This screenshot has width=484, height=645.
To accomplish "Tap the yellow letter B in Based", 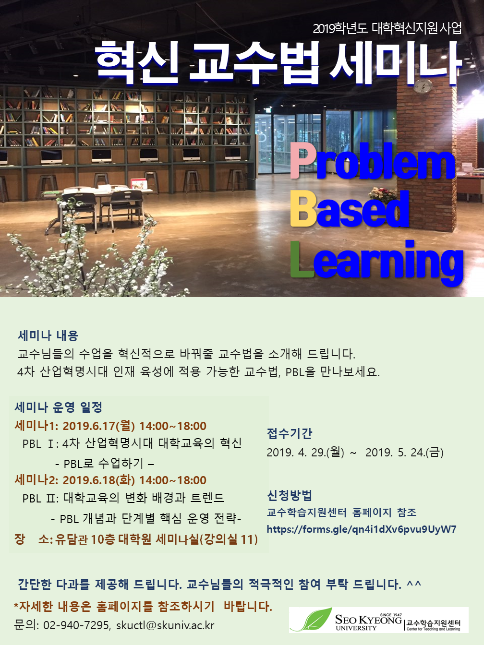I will click(x=303, y=209).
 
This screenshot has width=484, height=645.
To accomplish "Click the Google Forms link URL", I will click(x=361, y=529).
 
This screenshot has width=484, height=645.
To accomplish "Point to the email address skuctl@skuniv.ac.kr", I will click(x=165, y=625).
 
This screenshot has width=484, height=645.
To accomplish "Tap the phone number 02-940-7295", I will click(x=76, y=625).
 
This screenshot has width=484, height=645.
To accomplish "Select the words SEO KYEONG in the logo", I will click(x=368, y=620).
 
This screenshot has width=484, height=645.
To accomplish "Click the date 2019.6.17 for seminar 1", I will click(x=99, y=426).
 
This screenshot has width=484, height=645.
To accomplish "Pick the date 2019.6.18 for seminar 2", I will click(x=99, y=480).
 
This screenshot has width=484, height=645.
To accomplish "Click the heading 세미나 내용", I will click(x=48, y=335).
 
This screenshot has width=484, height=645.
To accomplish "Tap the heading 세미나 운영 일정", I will click(x=59, y=407).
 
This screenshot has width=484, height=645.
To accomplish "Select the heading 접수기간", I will click(x=290, y=433).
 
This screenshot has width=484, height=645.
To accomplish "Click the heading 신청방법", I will click(x=290, y=495).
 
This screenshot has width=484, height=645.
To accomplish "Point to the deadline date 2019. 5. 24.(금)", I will click(x=404, y=452).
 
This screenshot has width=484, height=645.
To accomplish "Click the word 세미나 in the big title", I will click(x=396, y=61).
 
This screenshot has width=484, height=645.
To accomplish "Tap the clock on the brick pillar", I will click(x=423, y=86).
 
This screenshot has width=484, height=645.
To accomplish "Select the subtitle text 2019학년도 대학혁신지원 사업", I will click(x=387, y=28).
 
